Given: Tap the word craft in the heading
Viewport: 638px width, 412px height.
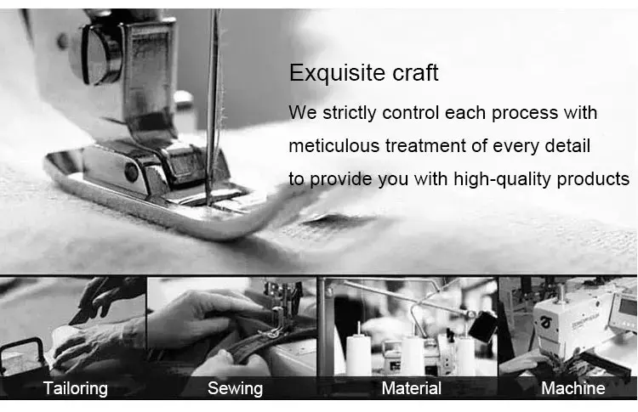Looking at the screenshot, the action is point(415,73).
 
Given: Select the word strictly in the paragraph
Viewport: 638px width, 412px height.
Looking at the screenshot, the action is point(350,113).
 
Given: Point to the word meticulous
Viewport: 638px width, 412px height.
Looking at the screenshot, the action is point(334,145).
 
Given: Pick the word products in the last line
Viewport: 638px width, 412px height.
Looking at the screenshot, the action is point(593,179).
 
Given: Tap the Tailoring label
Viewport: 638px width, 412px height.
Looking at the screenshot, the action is point(75,388).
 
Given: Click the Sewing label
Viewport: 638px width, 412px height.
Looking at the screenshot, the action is point(235,388).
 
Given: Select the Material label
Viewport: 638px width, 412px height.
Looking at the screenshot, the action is point(412,388).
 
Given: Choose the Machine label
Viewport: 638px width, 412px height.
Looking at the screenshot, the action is point(572,388).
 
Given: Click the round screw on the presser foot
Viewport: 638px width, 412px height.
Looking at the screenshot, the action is point(131,172).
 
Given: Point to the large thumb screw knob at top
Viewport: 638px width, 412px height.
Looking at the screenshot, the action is point(94,54).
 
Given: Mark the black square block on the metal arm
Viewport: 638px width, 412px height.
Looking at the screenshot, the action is point(483,326).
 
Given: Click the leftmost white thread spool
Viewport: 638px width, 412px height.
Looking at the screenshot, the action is point(358,354).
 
